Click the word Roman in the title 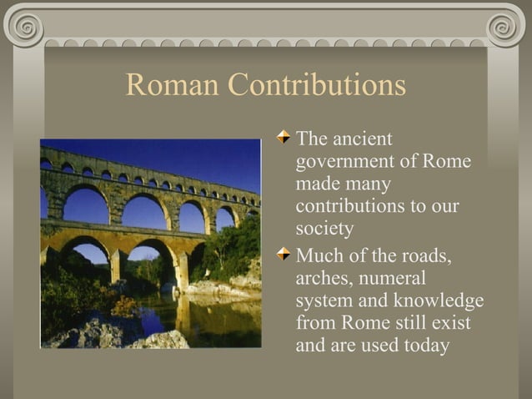click(x=172, y=85)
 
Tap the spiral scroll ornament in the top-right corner click(x=506, y=28)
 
